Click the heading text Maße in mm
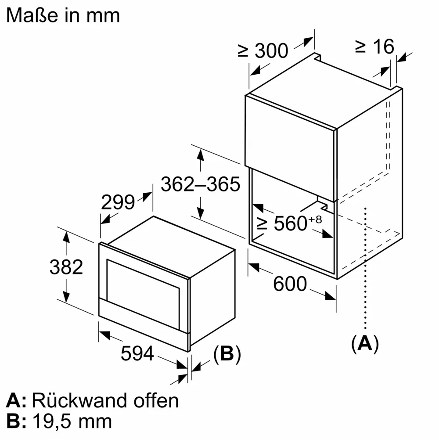(x=63, y=15)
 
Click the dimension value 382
(x=66, y=267)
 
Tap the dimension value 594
(x=137, y=354)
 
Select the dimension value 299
(x=118, y=202)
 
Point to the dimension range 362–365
(x=200, y=184)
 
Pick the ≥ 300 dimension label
(x=263, y=51)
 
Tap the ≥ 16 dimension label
(x=374, y=47)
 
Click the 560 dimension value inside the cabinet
(x=290, y=224)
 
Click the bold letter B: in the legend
(x=16, y=421)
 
